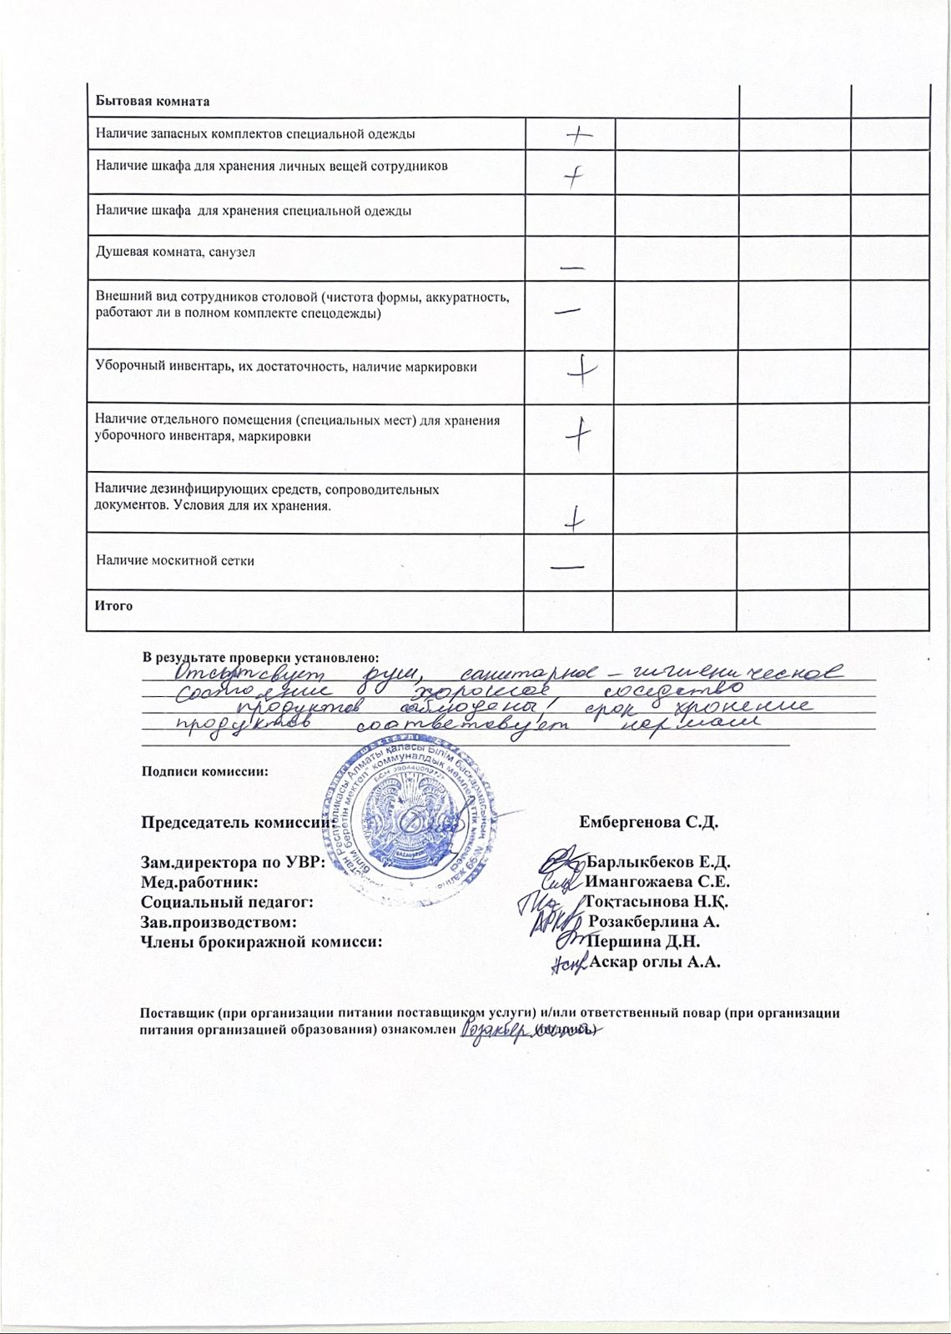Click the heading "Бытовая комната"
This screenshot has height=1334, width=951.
coord(152,102)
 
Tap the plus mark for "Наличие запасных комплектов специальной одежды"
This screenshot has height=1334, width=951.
coord(578,137)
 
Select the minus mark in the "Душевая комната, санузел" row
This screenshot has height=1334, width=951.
coord(572,268)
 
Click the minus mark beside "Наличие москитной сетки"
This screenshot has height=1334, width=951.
coord(567,566)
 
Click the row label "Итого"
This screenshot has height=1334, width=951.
coord(114,606)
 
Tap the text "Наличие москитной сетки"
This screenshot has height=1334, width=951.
coord(175,560)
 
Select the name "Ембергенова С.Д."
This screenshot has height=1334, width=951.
coord(648,822)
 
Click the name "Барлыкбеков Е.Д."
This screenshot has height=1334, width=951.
coord(658,862)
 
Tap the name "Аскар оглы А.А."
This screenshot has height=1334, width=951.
coord(655,962)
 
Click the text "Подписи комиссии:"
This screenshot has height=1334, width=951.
coord(205,771)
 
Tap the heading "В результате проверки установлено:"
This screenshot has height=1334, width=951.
coord(260,659)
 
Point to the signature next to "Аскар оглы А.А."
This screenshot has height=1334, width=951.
coord(571,965)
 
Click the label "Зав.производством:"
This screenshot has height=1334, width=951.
coord(219,922)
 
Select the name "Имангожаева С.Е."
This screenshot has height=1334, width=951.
coord(658,882)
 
